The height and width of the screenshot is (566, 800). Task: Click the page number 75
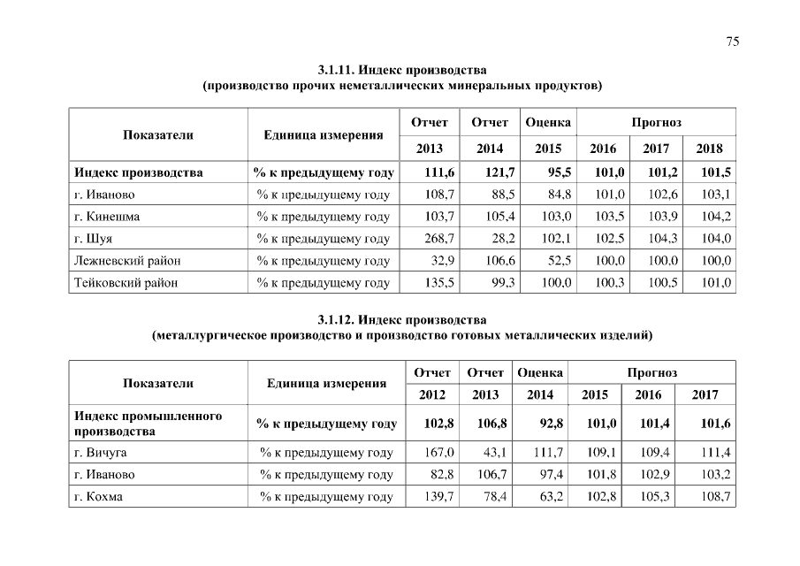pos(732,42)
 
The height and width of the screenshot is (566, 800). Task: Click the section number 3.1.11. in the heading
pos(339,69)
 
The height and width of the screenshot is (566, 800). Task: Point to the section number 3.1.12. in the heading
pos(339,319)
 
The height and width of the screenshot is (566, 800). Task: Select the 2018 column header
pos(709,149)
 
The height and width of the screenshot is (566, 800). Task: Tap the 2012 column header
pos(432,394)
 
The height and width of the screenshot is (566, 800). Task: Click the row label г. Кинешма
pos(108,217)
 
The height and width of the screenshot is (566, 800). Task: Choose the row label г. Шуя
pos(94,239)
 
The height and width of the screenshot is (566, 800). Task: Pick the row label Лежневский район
pos(124,260)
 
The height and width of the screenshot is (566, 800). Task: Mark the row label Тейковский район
pos(126,283)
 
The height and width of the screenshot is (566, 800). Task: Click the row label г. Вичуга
pos(101,454)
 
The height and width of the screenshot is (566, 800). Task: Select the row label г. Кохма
pos(99,497)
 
